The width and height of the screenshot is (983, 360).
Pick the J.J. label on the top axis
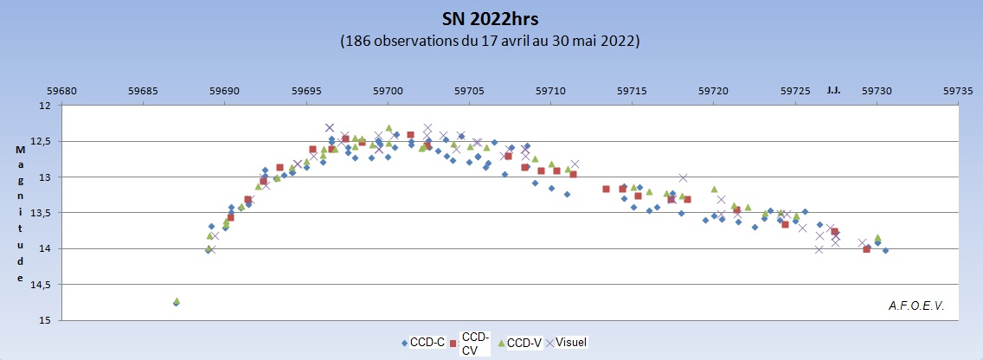click(x=832, y=89)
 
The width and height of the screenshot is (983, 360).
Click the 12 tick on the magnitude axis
click(x=44, y=106)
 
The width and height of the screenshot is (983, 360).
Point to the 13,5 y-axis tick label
click(x=41, y=213)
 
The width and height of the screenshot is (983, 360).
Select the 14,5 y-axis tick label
click(x=41, y=285)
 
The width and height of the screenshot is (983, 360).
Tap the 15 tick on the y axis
click(x=44, y=320)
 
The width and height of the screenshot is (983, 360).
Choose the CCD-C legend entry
click(x=423, y=343)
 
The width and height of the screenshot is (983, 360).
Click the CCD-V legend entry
click(x=523, y=343)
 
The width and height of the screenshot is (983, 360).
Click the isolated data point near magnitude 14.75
click(x=177, y=302)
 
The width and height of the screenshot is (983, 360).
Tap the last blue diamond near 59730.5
click(x=885, y=250)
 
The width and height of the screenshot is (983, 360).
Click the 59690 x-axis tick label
click(x=225, y=90)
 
